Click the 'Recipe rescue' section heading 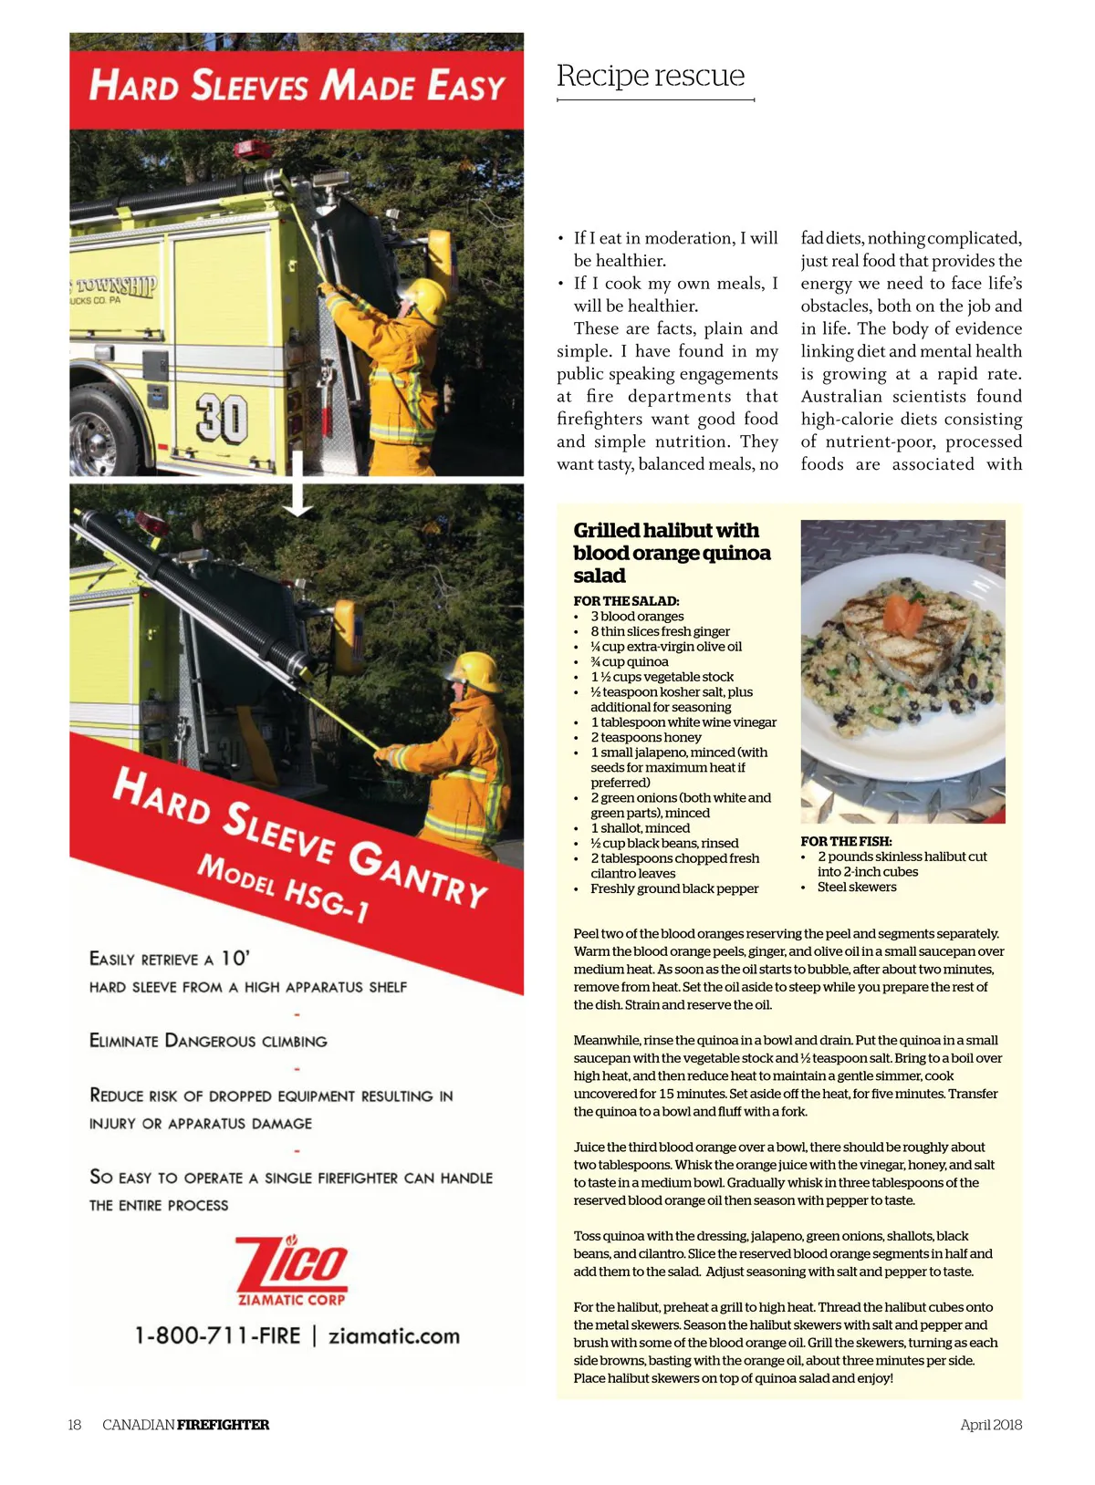(651, 76)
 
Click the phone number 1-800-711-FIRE (217, 1336)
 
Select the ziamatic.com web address (394, 1336)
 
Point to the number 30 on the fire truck (221, 419)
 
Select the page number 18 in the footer (75, 1425)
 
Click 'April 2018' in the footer (991, 1425)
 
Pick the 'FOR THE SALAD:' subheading (626, 601)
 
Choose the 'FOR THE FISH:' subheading (846, 841)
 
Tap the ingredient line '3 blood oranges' (637, 617)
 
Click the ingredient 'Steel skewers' (857, 887)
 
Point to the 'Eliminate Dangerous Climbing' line (208, 1041)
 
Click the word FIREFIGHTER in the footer (224, 1425)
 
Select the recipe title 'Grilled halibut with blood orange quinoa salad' (672, 553)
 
